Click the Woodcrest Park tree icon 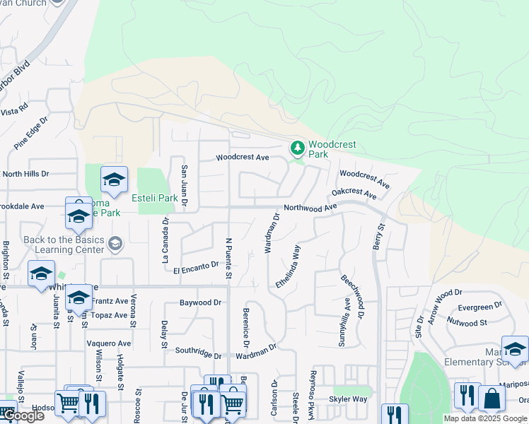coord(298,148)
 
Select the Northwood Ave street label coord(310,208)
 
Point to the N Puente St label coord(228,259)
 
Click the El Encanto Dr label coord(196,268)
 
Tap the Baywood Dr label coord(200,302)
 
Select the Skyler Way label coord(348,399)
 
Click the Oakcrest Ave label coord(354,192)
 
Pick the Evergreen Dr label coord(480,307)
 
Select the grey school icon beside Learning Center coord(115,245)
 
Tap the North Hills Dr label coord(26,173)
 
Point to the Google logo coord(23,416)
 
